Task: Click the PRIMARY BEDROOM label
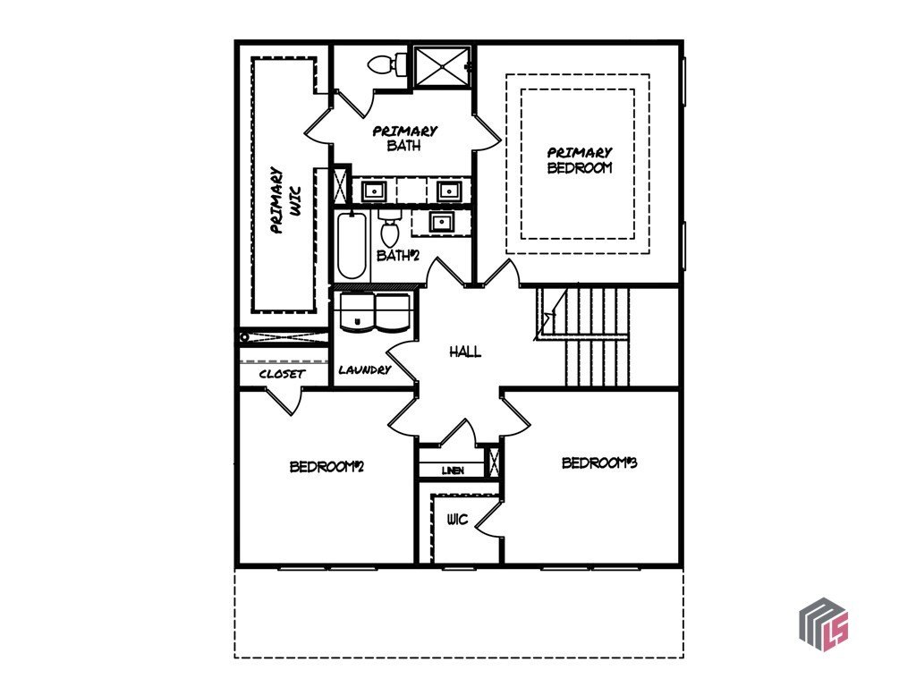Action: point(580,160)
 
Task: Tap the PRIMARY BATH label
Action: point(404,138)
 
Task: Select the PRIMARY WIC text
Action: point(285,199)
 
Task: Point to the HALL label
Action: point(465,352)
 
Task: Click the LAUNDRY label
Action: point(365,369)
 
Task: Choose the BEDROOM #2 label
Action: point(327,467)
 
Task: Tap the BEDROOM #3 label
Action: point(599,462)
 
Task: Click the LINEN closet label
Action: point(453,471)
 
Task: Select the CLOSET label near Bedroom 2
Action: point(282,374)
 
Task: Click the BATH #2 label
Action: point(398,255)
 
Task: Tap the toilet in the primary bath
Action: point(387,64)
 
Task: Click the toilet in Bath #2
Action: point(390,228)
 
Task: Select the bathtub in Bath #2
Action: point(352,246)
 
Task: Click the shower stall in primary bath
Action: point(442,66)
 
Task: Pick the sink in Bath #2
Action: point(440,222)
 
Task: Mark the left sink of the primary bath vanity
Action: point(373,191)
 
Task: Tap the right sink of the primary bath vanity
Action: point(449,191)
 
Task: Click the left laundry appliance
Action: point(355,312)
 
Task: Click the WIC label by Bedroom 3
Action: point(457,519)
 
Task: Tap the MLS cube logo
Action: point(823,623)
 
